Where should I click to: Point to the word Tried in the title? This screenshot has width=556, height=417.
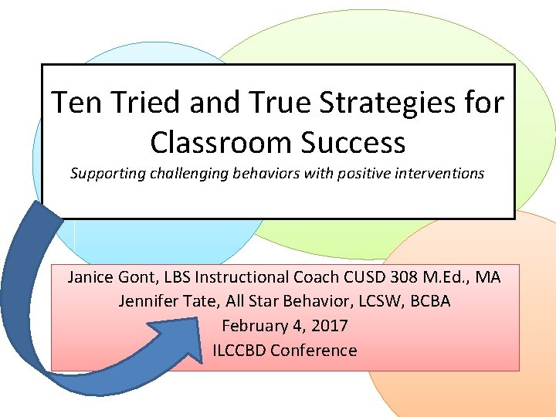tap(141, 103)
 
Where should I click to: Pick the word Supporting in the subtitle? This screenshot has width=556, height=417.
tap(106, 173)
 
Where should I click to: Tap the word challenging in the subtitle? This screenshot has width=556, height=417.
tap(188, 173)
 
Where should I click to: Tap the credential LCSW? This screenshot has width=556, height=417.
tap(368, 301)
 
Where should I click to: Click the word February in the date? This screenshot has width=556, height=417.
tap(254, 326)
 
